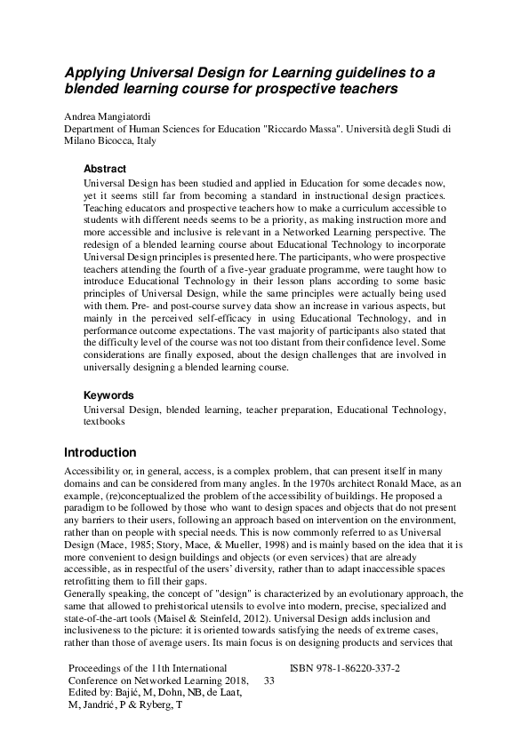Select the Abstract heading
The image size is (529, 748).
tap(105, 169)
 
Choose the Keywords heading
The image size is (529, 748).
tap(108, 394)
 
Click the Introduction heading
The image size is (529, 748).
tap(100, 452)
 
